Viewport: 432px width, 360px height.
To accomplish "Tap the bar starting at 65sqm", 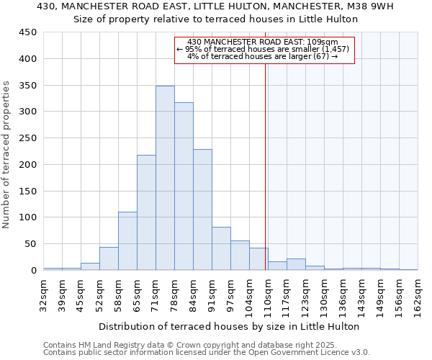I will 146,212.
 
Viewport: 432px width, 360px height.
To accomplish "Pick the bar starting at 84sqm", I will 202,210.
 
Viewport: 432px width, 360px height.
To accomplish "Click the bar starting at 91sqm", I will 221,248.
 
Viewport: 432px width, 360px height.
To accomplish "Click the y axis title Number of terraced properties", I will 6,155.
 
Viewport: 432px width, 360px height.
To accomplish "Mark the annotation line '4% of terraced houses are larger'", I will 263,56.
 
